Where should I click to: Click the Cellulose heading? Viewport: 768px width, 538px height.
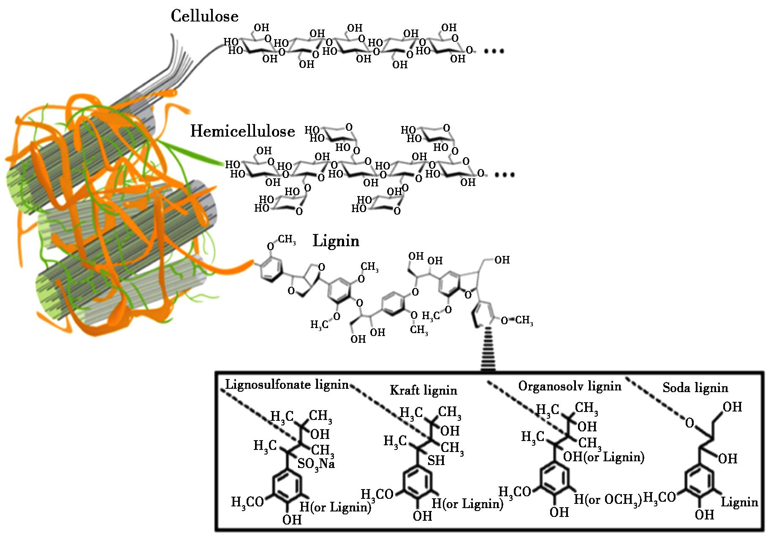click(204, 16)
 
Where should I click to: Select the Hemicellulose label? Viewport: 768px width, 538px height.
click(243, 131)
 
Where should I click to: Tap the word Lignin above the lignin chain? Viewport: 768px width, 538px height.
click(336, 241)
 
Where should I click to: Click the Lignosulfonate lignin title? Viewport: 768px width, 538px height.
click(287, 385)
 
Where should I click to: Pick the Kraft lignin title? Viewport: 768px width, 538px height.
click(423, 390)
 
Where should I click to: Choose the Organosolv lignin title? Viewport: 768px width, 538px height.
click(570, 386)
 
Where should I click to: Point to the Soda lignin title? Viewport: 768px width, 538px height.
click(695, 387)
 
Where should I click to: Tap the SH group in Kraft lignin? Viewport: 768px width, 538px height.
click(436, 460)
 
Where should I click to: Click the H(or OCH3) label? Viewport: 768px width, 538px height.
click(608, 500)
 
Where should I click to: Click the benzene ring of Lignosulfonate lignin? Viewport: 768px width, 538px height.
click(287, 486)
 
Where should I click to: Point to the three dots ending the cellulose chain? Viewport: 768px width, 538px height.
click(494, 51)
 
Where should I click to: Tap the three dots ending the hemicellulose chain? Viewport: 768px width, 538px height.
click(505, 175)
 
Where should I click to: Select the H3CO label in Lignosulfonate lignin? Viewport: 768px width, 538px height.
click(247, 502)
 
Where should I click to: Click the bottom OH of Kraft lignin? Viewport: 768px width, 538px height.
click(422, 515)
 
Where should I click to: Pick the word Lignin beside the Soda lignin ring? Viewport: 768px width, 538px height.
click(739, 502)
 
